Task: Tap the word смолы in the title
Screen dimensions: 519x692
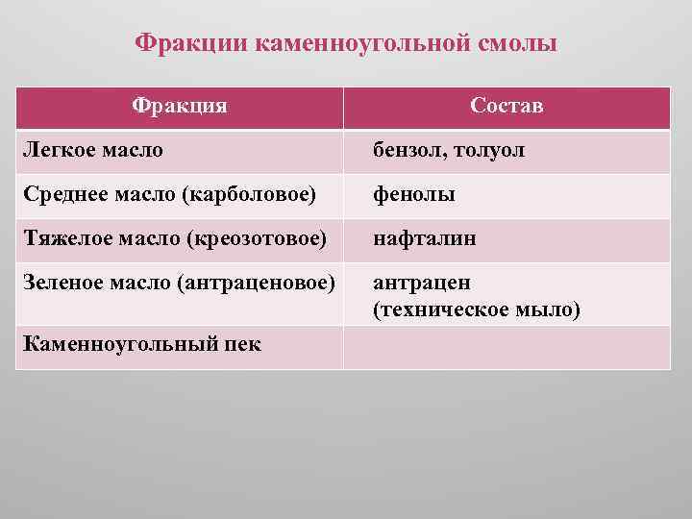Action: point(514,44)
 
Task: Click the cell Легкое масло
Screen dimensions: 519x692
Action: point(91,151)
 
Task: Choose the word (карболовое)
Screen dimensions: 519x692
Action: point(247,194)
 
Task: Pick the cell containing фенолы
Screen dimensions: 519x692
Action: point(414,195)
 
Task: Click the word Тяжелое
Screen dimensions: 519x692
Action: point(62,238)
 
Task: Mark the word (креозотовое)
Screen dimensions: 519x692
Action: point(254,238)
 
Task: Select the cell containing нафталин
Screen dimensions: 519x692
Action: point(424,239)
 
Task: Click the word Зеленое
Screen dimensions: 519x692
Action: point(61,284)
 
